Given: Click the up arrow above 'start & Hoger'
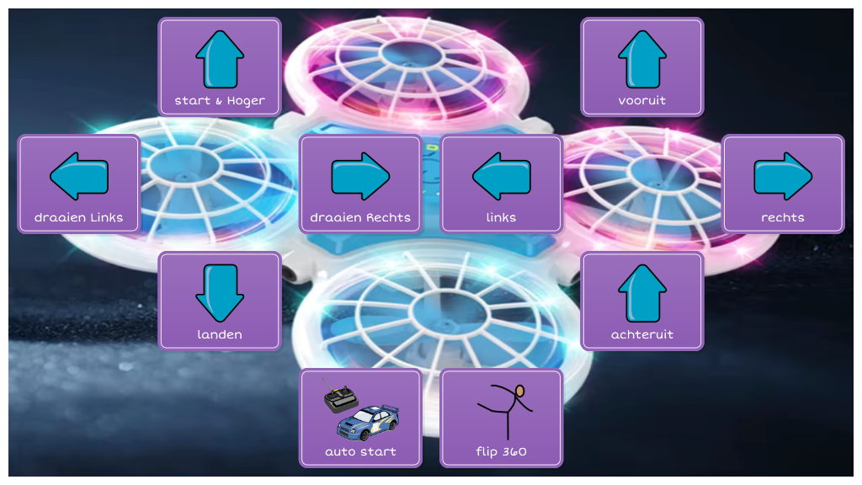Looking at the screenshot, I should [x=220, y=58].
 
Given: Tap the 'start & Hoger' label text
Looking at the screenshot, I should [x=220, y=101].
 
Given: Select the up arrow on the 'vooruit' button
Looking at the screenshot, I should [x=642, y=58].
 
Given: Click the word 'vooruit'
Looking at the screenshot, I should [x=642, y=101].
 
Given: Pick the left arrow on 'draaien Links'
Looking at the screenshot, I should [x=79, y=175].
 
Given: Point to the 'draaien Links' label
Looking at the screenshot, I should [x=79, y=218].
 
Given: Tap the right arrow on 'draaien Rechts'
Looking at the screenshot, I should [x=360, y=175].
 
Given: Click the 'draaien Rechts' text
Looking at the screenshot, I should [x=360, y=218].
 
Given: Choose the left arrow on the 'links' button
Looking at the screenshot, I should [x=502, y=175].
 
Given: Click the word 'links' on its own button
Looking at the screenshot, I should [x=502, y=218].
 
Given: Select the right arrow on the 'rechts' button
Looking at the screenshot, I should [x=783, y=175].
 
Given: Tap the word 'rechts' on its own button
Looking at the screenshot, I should [x=783, y=218].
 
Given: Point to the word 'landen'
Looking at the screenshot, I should [x=220, y=335].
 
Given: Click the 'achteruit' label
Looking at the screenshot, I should [x=642, y=335].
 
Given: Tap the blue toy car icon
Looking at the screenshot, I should [x=369, y=421].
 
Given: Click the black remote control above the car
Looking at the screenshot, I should [x=340, y=397].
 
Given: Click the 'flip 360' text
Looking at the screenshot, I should [x=502, y=452].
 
